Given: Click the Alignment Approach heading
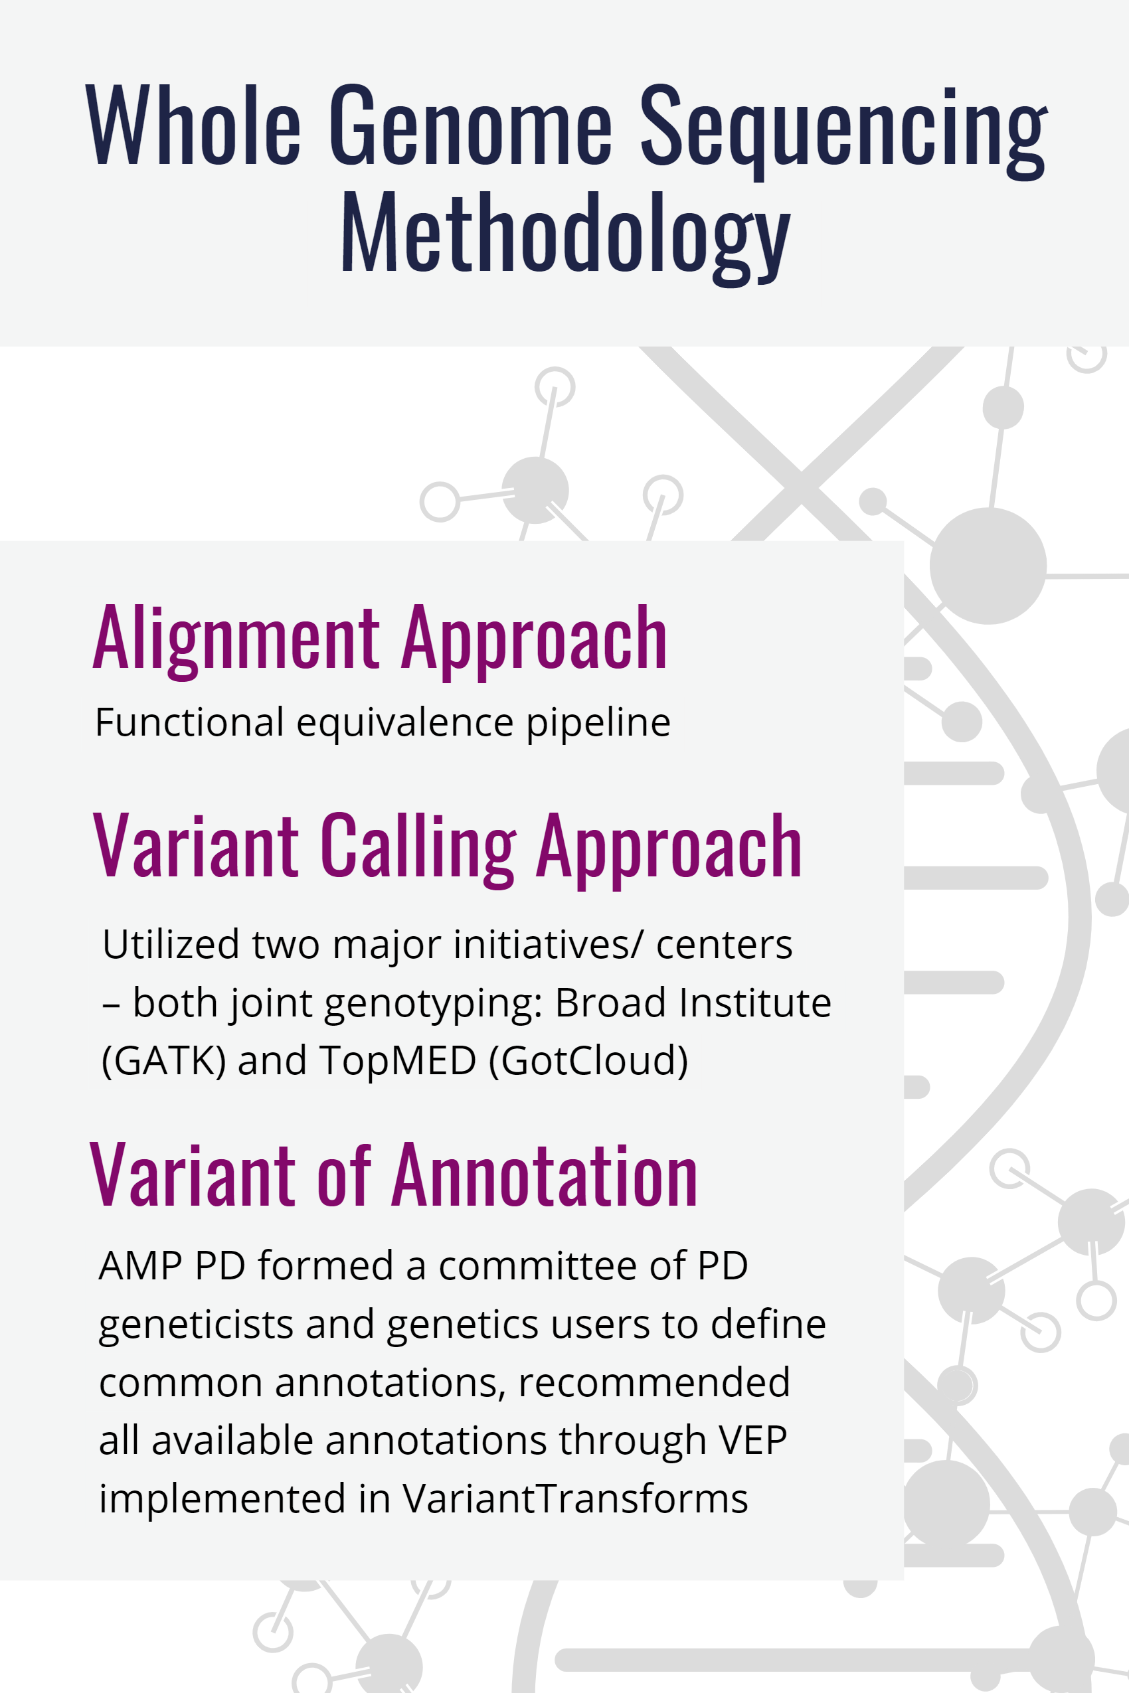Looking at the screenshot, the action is [380, 640].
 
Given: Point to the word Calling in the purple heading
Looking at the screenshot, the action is [418, 848].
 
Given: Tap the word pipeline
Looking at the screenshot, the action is [598, 724].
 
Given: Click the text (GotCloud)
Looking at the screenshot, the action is [588, 1060].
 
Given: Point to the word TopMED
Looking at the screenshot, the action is [397, 1060].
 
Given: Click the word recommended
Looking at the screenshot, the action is [653, 1382].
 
